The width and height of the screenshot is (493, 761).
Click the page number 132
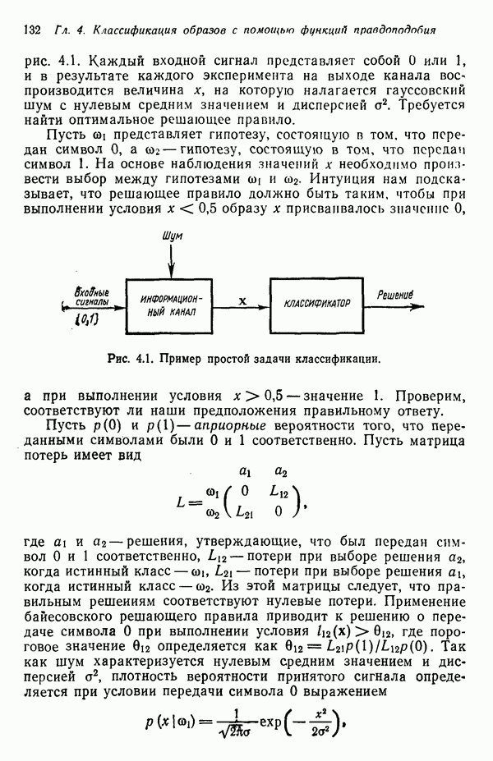pyautogui.click(x=34, y=30)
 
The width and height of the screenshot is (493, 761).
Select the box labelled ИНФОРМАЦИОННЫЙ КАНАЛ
pyautogui.click(x=171, y=305)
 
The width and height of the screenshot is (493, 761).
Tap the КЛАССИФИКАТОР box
pyautogui.click(x=316, y=303)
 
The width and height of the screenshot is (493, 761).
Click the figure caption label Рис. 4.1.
pyautogui.click(x=127, y=359)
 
